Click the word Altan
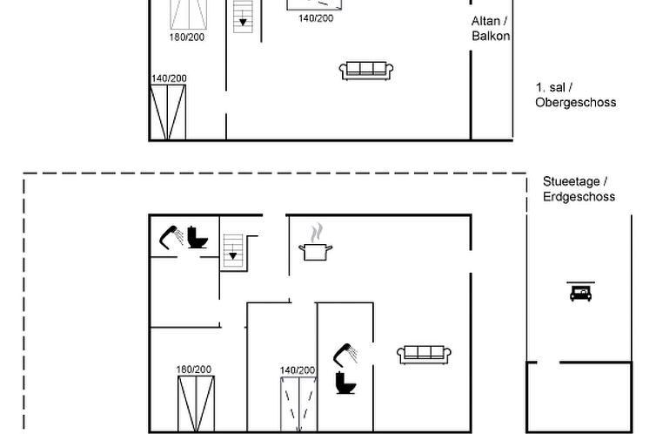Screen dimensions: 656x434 click(x=485, y=21)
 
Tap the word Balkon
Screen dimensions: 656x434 click(x=491, y=36)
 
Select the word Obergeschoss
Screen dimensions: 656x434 click(x=576, y=103)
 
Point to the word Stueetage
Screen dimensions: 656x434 click(x=571, y=182)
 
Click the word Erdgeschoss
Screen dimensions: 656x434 click(x=579, y=196)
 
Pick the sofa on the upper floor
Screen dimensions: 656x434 click(x=366, y=71)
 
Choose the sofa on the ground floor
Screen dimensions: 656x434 click(x=424, y=355)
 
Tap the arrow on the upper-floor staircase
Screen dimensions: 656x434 click(x=243, y=21)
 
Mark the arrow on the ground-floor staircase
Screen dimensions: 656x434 click(x=233, y=254)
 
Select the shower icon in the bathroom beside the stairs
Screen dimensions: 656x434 click(x=171, y=237)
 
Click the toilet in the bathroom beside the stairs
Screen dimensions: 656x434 click(x=197, y=238)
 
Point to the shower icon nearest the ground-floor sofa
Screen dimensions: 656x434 click(x=345, y=356)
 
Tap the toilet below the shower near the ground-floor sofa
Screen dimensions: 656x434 click(x=345, y=383)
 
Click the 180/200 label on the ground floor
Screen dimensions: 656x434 click(x=194, y=370)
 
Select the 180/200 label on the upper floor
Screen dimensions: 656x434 click(x=186, y=37)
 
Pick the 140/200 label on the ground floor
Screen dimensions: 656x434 click(x=298, y=370)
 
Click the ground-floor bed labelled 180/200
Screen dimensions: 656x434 click(x=197, y=403)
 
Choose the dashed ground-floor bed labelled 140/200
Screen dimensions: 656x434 click(x=298, y=404)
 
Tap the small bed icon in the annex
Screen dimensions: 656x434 click(x=580, y=292)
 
